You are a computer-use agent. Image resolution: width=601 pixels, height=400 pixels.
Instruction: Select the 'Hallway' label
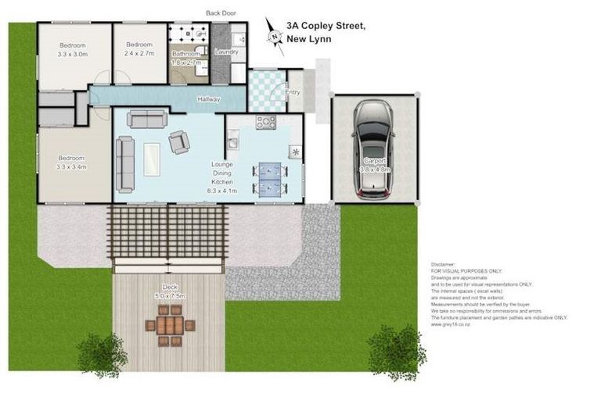coord(208,99)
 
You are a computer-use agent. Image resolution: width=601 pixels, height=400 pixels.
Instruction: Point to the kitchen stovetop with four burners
coord(265,121)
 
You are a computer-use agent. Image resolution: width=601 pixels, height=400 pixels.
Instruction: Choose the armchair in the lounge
coord(179,141)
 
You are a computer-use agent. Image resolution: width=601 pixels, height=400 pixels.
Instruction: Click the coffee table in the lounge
coord(150,159)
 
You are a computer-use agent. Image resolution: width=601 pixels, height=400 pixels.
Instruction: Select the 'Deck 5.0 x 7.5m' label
coord(169,291)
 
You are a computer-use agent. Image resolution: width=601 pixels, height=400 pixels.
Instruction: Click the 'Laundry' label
coord(226,52)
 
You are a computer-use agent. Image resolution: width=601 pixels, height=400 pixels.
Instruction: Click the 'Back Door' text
coord(221,12)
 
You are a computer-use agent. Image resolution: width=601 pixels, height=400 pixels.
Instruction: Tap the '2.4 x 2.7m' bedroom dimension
coord(142,55)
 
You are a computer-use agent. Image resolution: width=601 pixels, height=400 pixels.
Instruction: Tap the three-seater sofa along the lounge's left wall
coord(125,163)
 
